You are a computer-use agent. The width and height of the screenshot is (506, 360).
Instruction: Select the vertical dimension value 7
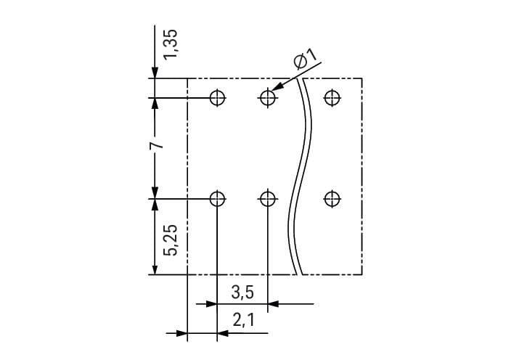point(155,147)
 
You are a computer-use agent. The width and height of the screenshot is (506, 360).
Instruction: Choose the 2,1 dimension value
point(243,319)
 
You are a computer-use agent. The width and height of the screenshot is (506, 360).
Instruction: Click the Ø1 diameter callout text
point(305,61)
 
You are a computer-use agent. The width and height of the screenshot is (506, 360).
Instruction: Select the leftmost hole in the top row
point(217,97)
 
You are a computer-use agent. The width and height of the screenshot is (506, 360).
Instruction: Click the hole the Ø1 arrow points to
point(268,97)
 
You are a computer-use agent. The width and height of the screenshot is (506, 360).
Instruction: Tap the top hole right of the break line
point(332,97)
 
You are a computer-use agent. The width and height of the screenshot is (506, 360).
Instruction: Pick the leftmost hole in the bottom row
point(217,198)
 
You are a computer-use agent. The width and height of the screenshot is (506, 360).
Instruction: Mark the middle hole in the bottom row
point(268,198)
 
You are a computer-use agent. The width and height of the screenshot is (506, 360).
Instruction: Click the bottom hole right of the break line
point(332,198)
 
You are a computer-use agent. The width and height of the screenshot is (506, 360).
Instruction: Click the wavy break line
point(300,181)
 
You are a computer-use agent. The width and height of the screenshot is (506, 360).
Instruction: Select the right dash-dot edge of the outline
point(362,174)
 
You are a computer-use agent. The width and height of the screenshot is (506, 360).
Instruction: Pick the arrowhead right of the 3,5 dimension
point(274,303)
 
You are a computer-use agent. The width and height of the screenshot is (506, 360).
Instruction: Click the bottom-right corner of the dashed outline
point(362,275)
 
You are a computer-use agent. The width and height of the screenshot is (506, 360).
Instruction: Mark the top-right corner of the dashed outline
point(362,78)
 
